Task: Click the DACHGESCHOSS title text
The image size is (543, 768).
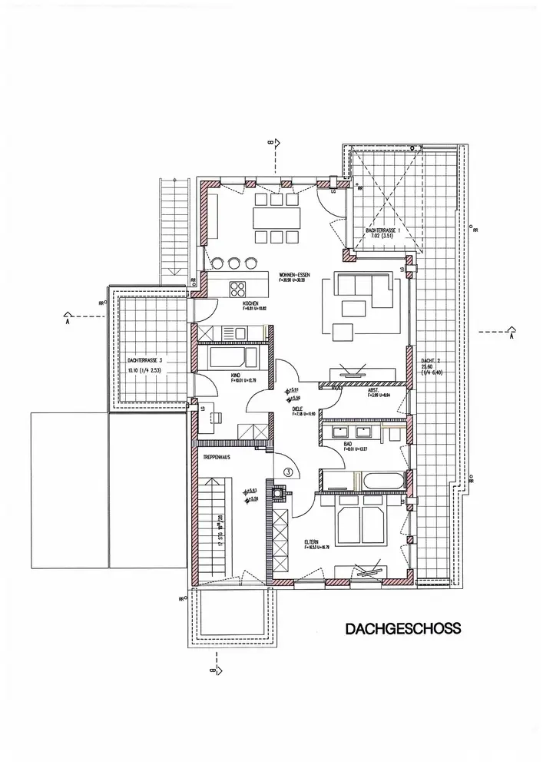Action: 402,629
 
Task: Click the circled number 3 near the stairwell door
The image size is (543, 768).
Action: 288,473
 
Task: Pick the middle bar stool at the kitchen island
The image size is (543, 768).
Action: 234,263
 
